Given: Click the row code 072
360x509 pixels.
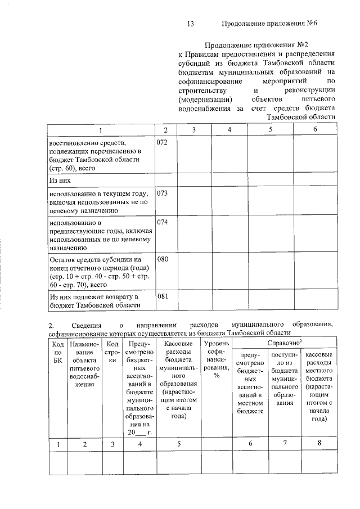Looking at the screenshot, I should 162,142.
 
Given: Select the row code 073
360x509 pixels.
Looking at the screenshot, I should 162,193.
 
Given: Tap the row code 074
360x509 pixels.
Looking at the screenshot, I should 162,222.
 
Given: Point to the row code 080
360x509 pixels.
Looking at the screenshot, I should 162,260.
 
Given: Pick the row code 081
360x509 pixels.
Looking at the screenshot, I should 162,296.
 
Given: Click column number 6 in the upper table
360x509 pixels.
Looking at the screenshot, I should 315,130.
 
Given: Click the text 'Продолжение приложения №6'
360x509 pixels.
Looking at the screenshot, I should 271,24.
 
